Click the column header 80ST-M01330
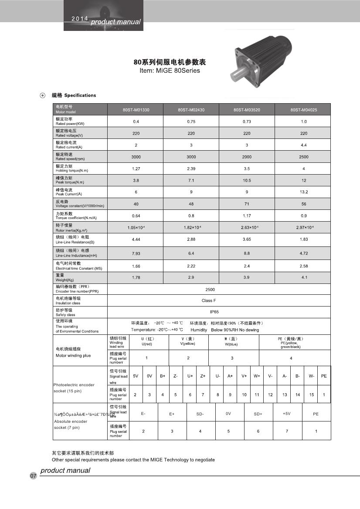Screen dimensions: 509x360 (x=136, y=110)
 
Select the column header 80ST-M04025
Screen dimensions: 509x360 (x=303, y=110)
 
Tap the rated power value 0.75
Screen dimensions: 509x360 (x=191, y=121)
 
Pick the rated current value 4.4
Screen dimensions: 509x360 (x=303, y=145)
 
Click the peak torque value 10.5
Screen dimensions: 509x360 (x=247, y=180)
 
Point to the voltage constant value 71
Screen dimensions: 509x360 (x=247, y=204)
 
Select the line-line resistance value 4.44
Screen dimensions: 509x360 (x=136, y=239)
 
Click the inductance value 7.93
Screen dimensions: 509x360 (x=136, y=253)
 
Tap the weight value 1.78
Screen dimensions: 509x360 (x=136, y=277)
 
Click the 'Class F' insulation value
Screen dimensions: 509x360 (x=207, y=300)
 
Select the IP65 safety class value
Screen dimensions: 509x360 (x=207, y=312)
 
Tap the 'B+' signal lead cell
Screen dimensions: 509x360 (x=163, y=376)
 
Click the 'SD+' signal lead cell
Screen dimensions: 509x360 (x=258, y=414)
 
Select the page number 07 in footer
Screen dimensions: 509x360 (x=33, y=476)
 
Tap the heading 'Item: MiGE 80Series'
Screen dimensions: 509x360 (x=170, y=71)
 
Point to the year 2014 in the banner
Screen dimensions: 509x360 (x=79, y=20)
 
